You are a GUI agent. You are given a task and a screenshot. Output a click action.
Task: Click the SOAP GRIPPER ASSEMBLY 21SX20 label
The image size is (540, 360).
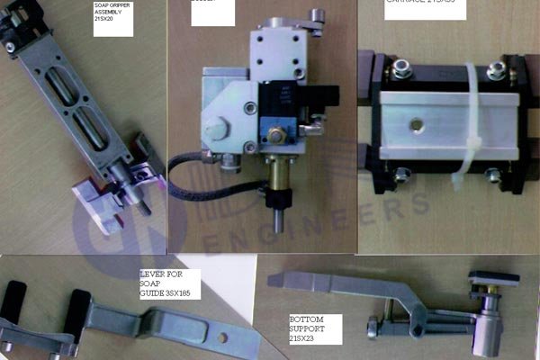tap(112, 18)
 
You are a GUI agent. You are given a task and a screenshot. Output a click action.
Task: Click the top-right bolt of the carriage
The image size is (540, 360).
tap(494, 70)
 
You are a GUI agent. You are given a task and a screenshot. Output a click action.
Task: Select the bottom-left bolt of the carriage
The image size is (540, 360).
tap(402, 174)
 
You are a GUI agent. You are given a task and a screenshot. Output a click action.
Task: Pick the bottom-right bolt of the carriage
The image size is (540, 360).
tap(492, 175)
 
